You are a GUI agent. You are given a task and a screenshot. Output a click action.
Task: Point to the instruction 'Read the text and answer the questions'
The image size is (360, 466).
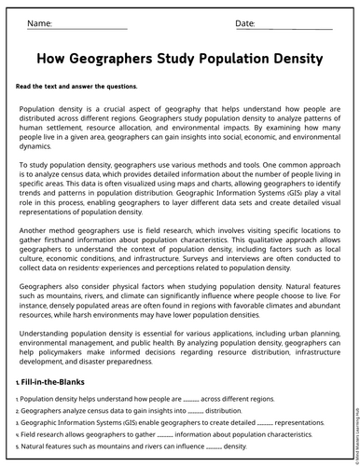pyautogui.click(x=76, y=87)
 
